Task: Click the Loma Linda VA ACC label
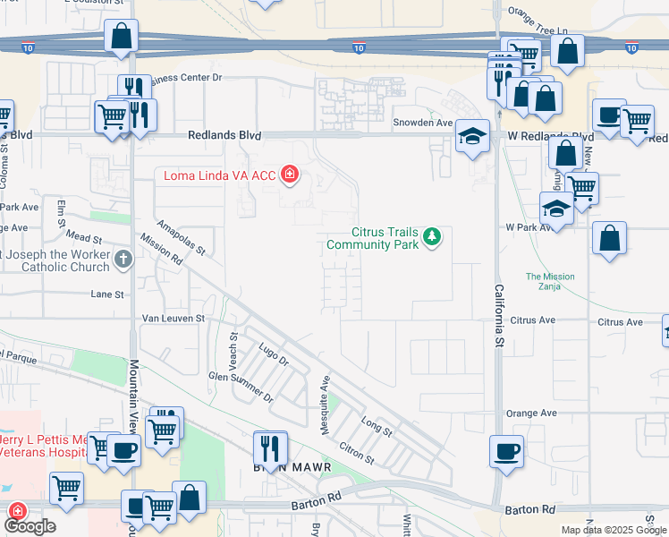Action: pyautogui.click(x=219, y=175)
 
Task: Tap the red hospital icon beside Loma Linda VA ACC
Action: pyautogui.click(x=289, y=174)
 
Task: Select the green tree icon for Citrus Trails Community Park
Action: pyautogui.click(x=432, y=236)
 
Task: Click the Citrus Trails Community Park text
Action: pyautogui.click(x=372, y=238)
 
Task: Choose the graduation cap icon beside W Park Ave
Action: pyautogui.click(x=556, y=209)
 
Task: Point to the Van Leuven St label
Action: pyautogui.click(x=174, y=318)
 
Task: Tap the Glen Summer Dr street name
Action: pyautogui.click(x=239, y=387)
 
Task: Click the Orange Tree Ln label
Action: pyautogui.click(x=538, y=12)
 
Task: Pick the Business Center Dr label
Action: pyautogui.click(x=184, y=78)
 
